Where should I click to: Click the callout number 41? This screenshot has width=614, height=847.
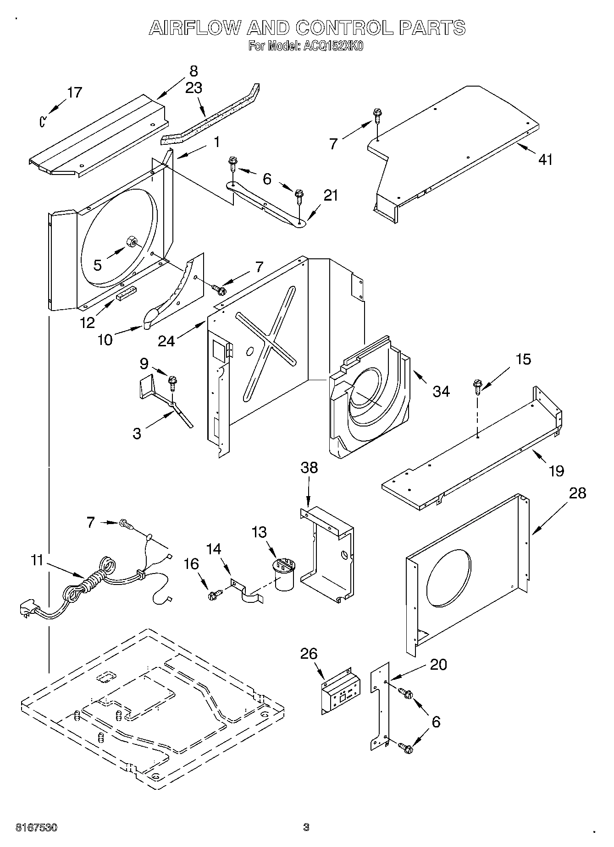pos(545,159)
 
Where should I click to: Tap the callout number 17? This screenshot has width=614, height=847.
pos(74,93)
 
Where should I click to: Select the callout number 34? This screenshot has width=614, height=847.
pos(441,391)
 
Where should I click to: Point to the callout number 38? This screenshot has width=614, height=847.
pos(309,468)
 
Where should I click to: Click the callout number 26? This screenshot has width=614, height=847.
pos(309,654)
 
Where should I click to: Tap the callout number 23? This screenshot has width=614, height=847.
pos(194,87)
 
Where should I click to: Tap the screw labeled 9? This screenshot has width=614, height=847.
pos(172,381)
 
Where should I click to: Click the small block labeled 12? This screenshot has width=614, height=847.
pos(127,293)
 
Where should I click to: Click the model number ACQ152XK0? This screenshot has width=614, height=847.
pos(332,46)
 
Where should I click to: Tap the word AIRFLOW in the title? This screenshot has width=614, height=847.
pos(195,28)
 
